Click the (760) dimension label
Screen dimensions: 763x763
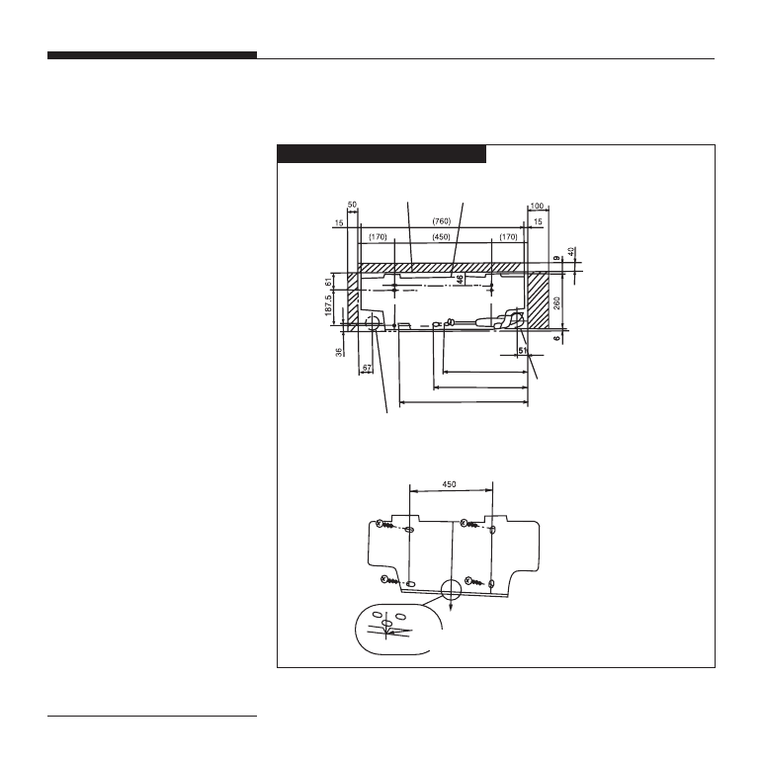pyautogui.click(x=442, y=221)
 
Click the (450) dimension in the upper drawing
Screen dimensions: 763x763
pyautogui.click(x=441, y=237)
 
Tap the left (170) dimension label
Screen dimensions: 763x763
pyautogui.click(x=378, y=237)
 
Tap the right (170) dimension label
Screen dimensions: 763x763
pyautogui.click(x=509, y=237)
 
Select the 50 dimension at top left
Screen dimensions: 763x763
pyautogui.click(x=352, y=205)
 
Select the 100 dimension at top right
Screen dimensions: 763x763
pyautogui.click(x=537, y=206)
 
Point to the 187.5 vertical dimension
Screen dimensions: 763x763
pyautogui.click(x=328, y=305)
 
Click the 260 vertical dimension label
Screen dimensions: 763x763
pyautogui.click(x=557, y=303)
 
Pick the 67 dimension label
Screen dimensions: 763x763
pyautogui.click(x=367, y=369)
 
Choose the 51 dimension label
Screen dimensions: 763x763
pyautogui.click(x=523, y=350)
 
